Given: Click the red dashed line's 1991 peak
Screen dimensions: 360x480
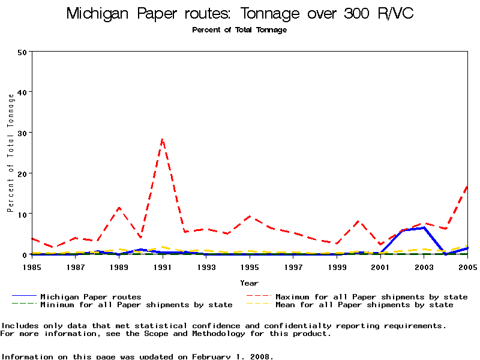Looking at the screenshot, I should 162,139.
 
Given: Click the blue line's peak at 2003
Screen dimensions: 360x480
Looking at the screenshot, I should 424,227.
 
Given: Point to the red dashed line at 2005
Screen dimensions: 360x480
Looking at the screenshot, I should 467,187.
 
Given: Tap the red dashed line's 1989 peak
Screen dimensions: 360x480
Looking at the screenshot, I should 119,208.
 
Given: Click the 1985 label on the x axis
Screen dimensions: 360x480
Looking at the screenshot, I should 32,266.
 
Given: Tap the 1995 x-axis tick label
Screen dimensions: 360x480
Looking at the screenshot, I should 250,266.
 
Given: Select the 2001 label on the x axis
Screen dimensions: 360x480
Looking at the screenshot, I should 380,266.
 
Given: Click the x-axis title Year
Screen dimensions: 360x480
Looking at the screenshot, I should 250,283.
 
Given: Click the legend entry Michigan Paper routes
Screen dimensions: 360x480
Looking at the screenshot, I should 91,296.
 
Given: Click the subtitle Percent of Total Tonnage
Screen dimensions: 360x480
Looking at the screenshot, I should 239,30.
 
